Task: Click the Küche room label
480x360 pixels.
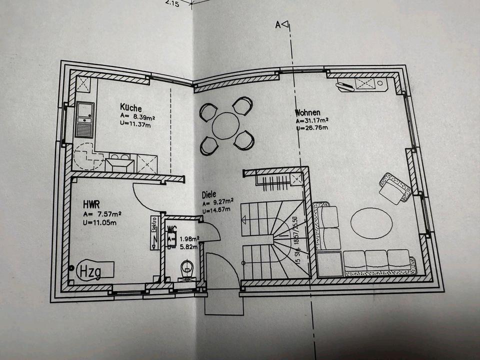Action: (x=130, y=108)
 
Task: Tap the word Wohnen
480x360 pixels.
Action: (x=307, y=112)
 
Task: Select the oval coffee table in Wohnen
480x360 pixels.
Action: (x=371, y=222)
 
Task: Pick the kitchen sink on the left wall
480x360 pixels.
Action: (x=84, y=119)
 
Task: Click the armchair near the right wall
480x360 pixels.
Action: (x=394, y=188)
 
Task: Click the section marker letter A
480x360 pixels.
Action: (x=278, y=23)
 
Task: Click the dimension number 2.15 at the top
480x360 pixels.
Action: (x=171, y=3)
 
